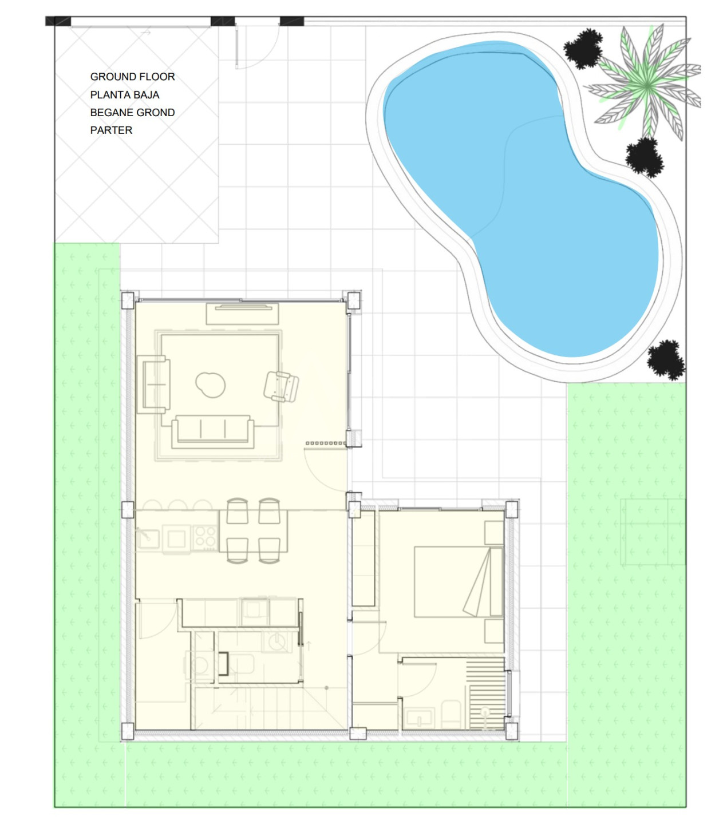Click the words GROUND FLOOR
[133, 77]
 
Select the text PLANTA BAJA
[124, 95]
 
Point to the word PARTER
[111, 130]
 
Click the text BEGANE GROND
[133, 112]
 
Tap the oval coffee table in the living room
[210, 385]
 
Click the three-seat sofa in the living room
[213, 431]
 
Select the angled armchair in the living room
[281, 386]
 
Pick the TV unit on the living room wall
[242, 314]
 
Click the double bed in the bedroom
[459, 581]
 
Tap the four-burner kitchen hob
[206, 537]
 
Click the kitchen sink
[148, 538]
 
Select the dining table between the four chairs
[253, 530]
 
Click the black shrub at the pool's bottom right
[666, 360]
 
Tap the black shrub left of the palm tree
[583, 49]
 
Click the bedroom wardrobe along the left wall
[363, 559]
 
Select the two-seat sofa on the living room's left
[153, 385]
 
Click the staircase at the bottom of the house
[268, 708]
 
